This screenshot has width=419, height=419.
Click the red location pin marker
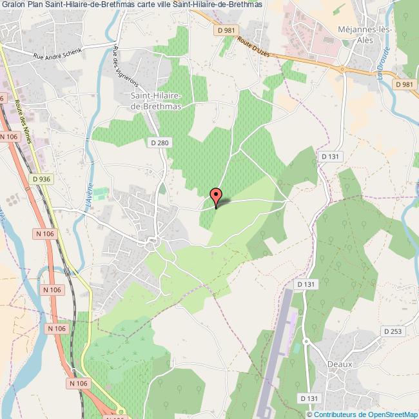(x=217, y=197)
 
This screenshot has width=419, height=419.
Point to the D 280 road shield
(x=159, y=142)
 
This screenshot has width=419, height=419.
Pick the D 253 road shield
(x=393, y=331)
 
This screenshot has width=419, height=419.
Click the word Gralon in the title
(x=13, y=5)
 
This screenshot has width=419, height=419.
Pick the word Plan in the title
(x=35, y=5)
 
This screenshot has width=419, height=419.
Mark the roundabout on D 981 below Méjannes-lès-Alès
(x=342, y=69)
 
